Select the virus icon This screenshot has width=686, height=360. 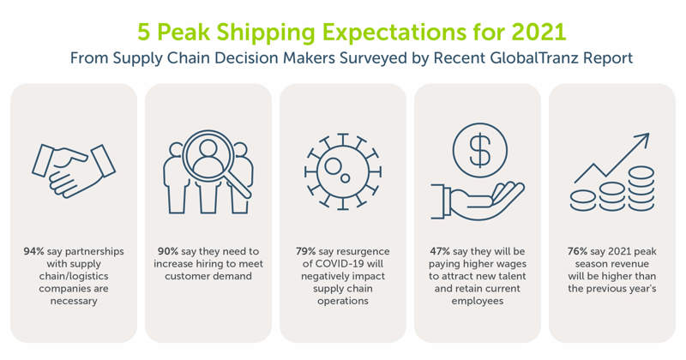342,169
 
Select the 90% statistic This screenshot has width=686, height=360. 169,253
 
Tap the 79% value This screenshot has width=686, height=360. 304,253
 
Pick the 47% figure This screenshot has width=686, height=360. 441,253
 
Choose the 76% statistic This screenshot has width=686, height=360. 575,253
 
